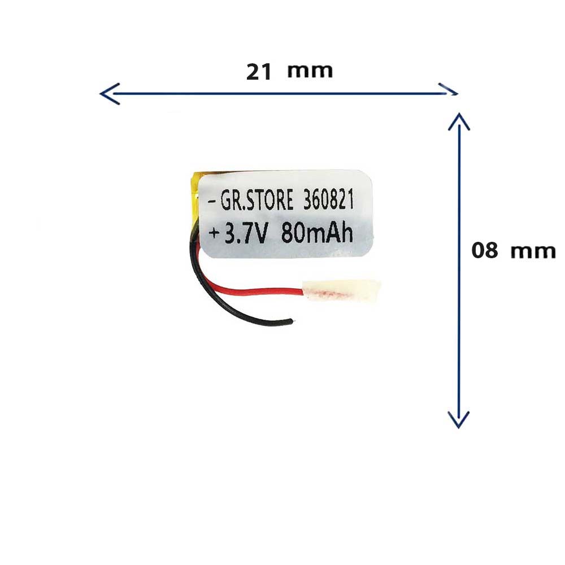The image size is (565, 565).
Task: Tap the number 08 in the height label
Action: pyautogui.click(x=485, y=250)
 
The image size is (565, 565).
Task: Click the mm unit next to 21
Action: pyautogui.click(x=310, y=71)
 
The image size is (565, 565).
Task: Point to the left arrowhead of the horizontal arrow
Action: pyautogui.click(x=107, y=94)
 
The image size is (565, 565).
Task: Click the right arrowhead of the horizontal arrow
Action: pyautogui.click(x=450, y=90)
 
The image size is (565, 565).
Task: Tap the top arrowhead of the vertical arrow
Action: pyautogui.click(x=459, y=121)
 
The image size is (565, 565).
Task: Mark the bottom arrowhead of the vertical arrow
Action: pyautogui.click(x=459, y=419)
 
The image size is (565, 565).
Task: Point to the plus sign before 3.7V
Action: pyautogui.click(x=215, y=233)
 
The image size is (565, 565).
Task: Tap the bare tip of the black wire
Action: pyautogui.click(x=291, y=322)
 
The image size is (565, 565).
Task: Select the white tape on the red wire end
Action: pyautogui.click(x=341, y=290)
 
